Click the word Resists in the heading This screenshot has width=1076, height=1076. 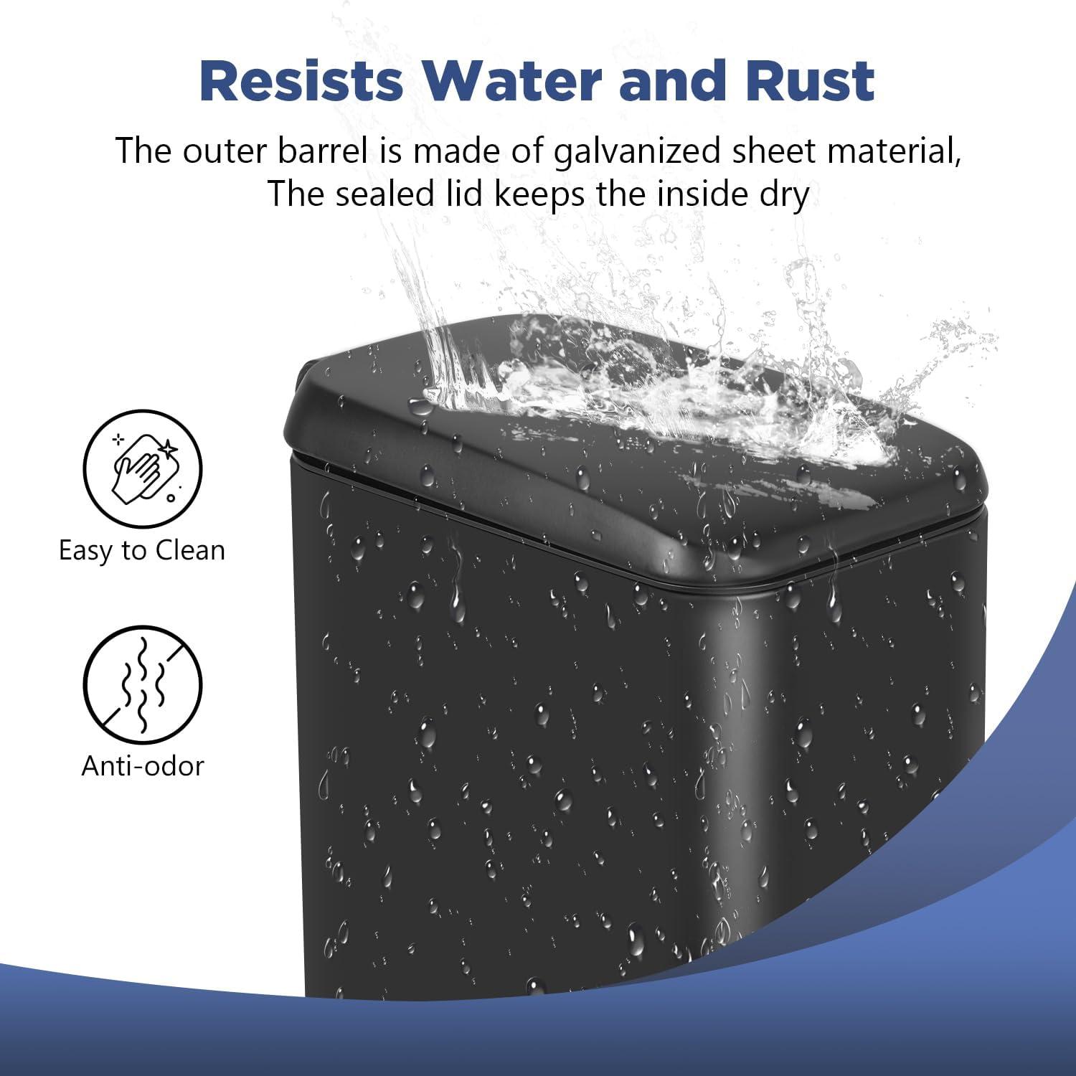[301, 80]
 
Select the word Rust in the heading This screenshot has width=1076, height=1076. [810, 80]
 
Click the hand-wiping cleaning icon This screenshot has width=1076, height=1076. [143, 469]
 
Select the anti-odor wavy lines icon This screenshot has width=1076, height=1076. [143, 684]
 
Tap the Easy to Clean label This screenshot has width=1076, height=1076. [142, 551]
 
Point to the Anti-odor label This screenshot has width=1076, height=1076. [143, 766]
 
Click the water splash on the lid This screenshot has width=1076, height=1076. [646, 387]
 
